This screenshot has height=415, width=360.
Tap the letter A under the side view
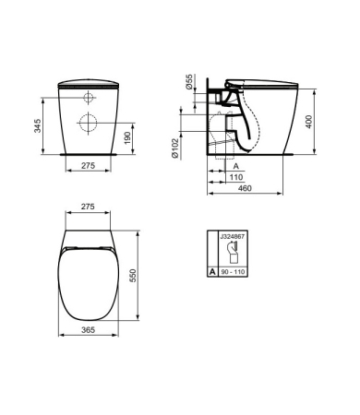tap(235, 166)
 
